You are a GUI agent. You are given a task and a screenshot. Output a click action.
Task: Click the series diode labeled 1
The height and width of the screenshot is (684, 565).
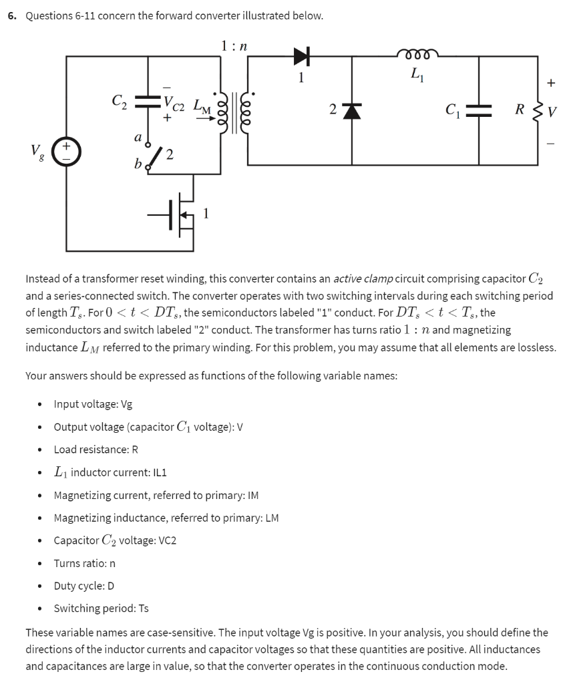point(302,58)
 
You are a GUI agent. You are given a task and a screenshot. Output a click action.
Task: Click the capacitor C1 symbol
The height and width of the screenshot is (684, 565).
point(479,110)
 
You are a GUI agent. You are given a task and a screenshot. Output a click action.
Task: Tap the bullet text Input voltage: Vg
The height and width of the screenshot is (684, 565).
point(93,403)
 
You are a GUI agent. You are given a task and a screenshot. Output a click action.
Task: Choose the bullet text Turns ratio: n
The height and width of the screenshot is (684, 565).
point(84,563)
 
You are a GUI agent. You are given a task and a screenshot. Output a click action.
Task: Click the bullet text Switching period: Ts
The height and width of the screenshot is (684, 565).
point(101,609)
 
